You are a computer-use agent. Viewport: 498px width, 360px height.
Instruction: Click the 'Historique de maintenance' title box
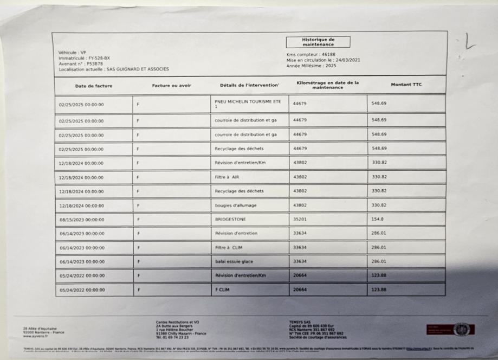pyautogui.click(x=318, y=42)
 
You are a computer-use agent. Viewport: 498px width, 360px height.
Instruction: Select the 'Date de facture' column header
pyautogui.click(x=93, y=86)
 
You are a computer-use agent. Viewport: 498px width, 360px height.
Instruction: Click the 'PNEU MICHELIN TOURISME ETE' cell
pyautogui.click(x=248, y=104)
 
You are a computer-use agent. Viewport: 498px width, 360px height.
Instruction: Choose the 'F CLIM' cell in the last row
pyautogui.click(x=222, y=290)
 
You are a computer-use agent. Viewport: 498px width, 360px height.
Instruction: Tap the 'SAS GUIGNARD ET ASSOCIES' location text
pyautogui.click(x=138, y=69)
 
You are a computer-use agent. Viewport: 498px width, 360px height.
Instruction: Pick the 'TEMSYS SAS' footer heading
pyautogui.click(x=301, y=321)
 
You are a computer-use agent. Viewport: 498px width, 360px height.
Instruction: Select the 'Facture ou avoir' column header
pyautogui.click(x=171, y=86)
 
